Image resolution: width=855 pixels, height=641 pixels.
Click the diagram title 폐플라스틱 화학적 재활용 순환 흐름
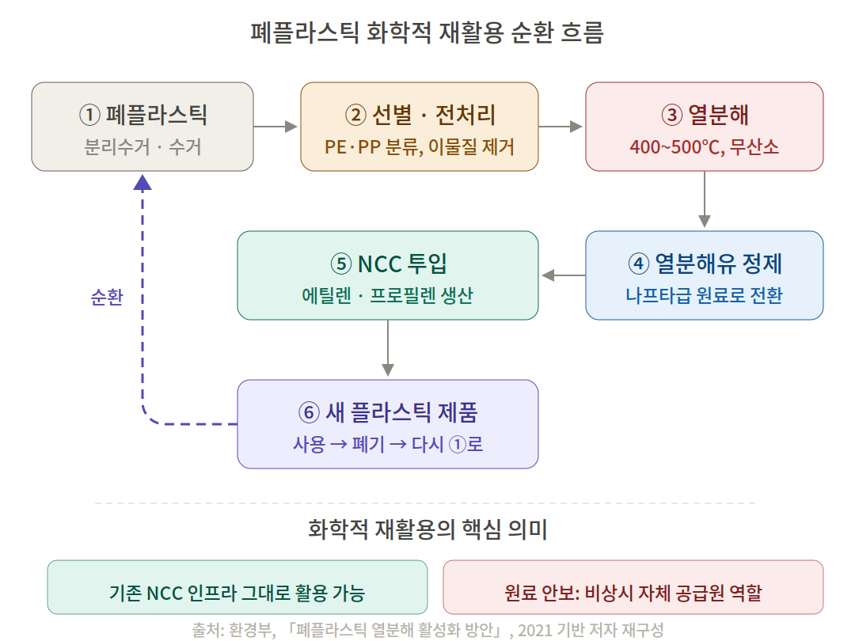(427, 33)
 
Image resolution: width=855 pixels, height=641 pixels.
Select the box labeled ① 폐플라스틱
(142, 127)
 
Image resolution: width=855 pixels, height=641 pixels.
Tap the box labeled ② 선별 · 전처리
(420, 127)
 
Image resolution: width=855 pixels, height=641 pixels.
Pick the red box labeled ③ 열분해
(704, 127)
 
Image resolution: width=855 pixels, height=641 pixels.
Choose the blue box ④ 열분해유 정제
(704, 275)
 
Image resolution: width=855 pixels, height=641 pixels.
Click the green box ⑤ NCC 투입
(388, 275)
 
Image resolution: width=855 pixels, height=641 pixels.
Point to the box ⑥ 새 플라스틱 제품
(388, 424)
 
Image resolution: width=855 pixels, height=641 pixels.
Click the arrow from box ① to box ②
(276, 127)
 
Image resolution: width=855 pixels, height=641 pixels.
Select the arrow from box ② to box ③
(561, 127)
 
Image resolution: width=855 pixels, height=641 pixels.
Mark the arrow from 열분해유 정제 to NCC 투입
(563, 275)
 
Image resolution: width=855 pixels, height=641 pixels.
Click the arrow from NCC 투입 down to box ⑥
(388, 349)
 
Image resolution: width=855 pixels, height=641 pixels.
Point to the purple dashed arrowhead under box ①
(142, 183)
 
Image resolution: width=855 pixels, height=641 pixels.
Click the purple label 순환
(106, 298)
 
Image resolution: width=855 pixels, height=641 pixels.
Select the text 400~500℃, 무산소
(704, 147)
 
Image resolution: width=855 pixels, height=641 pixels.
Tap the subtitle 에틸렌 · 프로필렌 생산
(388, 296)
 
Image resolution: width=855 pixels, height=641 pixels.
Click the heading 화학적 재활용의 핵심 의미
(427, 529)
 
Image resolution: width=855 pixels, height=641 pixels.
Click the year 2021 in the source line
(535, 630)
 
